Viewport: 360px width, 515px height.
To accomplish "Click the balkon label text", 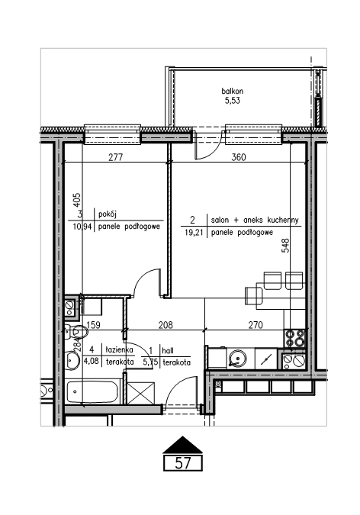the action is coord(232,91).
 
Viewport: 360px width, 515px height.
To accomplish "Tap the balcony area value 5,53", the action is coord(232,101).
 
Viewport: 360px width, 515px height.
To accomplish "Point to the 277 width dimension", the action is coord(116,157).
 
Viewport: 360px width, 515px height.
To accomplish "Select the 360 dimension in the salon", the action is coord(239,157).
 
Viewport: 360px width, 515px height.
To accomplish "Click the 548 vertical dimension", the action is coord(286,245).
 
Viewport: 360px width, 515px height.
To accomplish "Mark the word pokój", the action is coord(108,214).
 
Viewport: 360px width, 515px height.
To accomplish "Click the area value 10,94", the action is coord(83,227).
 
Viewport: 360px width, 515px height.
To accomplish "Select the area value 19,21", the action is coord(194,233).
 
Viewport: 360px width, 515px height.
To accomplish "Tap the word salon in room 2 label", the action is coord(220,220).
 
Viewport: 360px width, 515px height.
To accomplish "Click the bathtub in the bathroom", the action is coord(92,391).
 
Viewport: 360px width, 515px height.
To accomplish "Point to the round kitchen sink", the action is coord(237,358).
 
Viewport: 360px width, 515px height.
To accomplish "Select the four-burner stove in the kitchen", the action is coord(294,338).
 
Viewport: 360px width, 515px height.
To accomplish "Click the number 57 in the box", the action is coord(182,463).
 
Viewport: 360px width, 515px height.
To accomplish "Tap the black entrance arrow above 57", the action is coord(182,445).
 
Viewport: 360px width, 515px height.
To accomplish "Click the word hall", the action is coord(168,351).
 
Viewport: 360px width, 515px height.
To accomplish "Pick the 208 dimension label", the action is coord(166,325).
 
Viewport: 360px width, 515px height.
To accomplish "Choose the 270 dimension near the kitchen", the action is coord(256,325).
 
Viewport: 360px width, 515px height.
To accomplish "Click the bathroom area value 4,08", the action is coord(91,362).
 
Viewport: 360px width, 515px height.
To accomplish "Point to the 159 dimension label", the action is coord(93,325).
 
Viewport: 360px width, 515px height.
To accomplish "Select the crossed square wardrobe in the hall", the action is coord(140,393).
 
